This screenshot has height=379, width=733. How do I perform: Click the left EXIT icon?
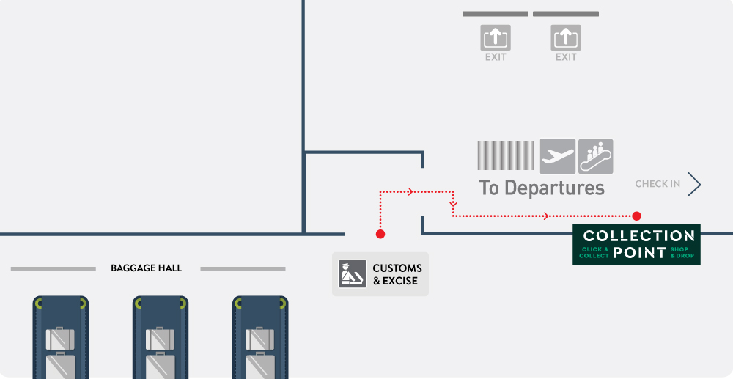(496, 37)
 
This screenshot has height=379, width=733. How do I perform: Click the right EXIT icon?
(566, 37)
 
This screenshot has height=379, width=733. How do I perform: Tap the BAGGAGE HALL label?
(146, 268)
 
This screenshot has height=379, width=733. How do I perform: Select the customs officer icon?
(353, 274)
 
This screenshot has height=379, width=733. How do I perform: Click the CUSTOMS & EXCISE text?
(397, 274)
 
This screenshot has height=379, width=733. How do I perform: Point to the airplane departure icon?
(557, 156)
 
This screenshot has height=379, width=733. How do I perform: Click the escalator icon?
(595, 156)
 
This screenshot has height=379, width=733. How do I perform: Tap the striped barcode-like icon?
(505, 156)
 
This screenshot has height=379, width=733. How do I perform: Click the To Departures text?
(542, 187)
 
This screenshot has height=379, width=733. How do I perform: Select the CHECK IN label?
(658, 184)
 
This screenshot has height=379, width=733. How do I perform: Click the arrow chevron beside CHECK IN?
(695, 185)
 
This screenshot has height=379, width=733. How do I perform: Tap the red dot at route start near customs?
(380, 234)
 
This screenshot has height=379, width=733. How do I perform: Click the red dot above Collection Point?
(636, 216)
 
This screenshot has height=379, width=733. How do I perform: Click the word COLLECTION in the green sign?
(638, 236)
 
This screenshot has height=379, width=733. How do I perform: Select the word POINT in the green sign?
(639, 253)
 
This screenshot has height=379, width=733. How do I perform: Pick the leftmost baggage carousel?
(61, 337)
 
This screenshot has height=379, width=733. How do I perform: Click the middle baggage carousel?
(161, 337)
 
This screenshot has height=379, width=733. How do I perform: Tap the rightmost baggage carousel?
(260, 337)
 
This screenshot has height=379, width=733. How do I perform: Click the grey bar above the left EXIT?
(496, 14)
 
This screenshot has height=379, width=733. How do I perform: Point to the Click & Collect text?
(594, 252)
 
